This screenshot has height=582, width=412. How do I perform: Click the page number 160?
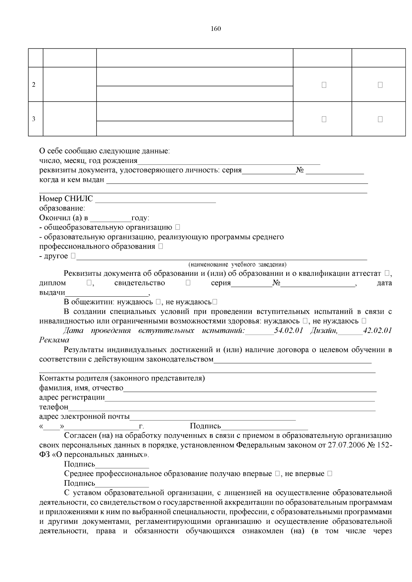click(216, 29)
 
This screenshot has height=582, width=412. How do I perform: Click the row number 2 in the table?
click(34, 85)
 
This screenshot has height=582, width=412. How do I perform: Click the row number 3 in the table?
click(34, 119)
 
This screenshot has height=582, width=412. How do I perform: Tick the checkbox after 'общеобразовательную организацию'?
click(177, 227)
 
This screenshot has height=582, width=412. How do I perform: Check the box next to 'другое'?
click(73, 256)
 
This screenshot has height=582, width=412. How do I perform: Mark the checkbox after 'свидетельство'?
click(188, 283)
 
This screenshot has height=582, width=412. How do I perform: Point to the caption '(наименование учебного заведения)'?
click(237, 264)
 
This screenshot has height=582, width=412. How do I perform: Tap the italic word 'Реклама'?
click(54, 340)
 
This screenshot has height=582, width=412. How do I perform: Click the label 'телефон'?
click(54, 407)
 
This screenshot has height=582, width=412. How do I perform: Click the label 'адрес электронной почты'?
click(84, 417)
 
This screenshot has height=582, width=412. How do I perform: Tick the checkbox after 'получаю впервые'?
click(278, 474)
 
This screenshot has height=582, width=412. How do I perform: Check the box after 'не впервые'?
click(330, 474)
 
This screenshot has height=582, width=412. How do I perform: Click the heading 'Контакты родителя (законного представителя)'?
click(122, 378)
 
